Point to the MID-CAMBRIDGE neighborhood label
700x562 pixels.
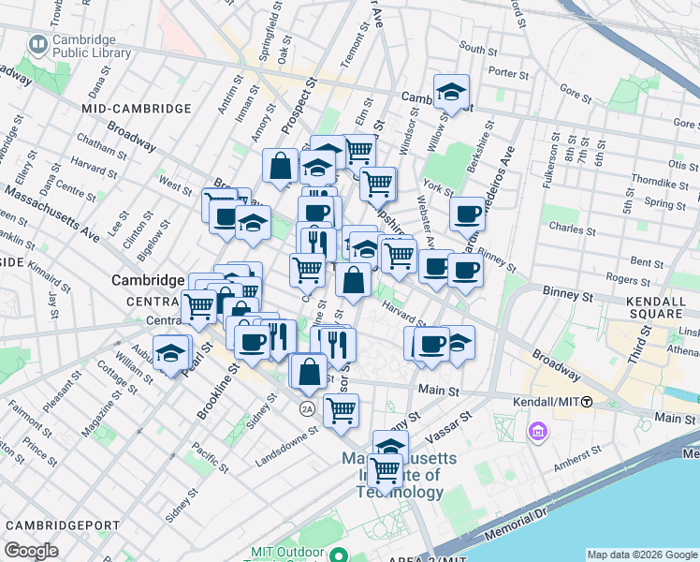136,109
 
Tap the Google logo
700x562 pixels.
31,551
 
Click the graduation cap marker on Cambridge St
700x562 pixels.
451,93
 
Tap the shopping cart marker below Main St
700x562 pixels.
342,409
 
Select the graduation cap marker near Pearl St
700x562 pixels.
170,353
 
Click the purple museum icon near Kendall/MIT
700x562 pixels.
537,432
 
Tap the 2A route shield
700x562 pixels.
306,408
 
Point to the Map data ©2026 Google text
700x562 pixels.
641,555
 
